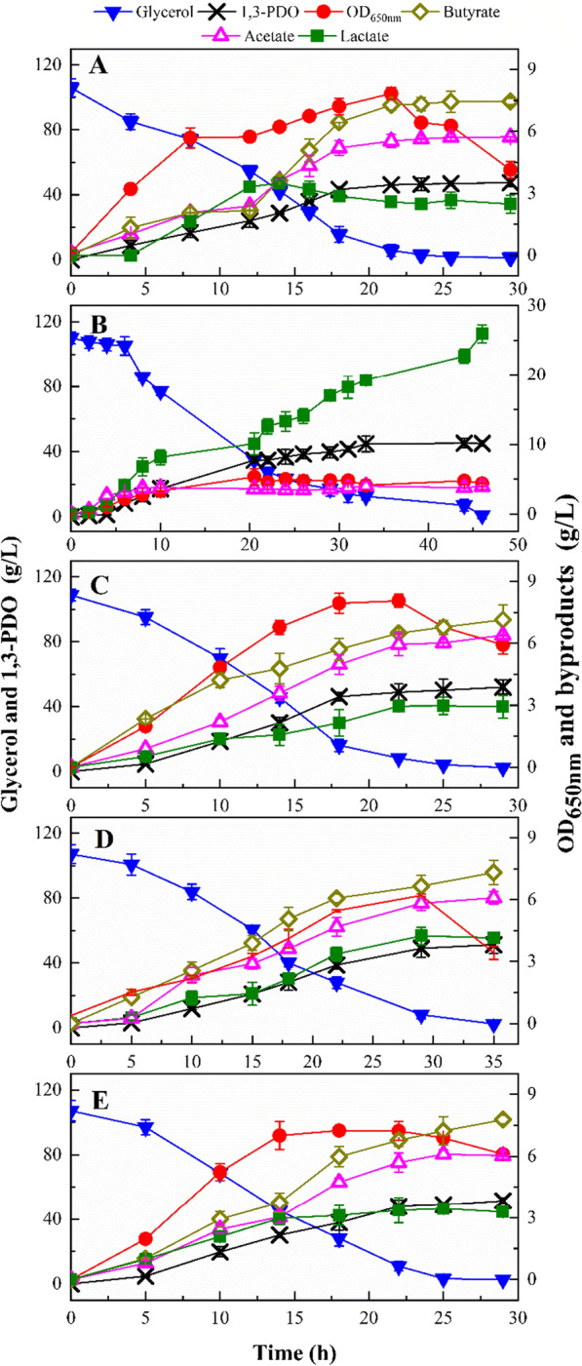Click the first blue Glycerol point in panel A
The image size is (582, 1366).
(71, 89)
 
